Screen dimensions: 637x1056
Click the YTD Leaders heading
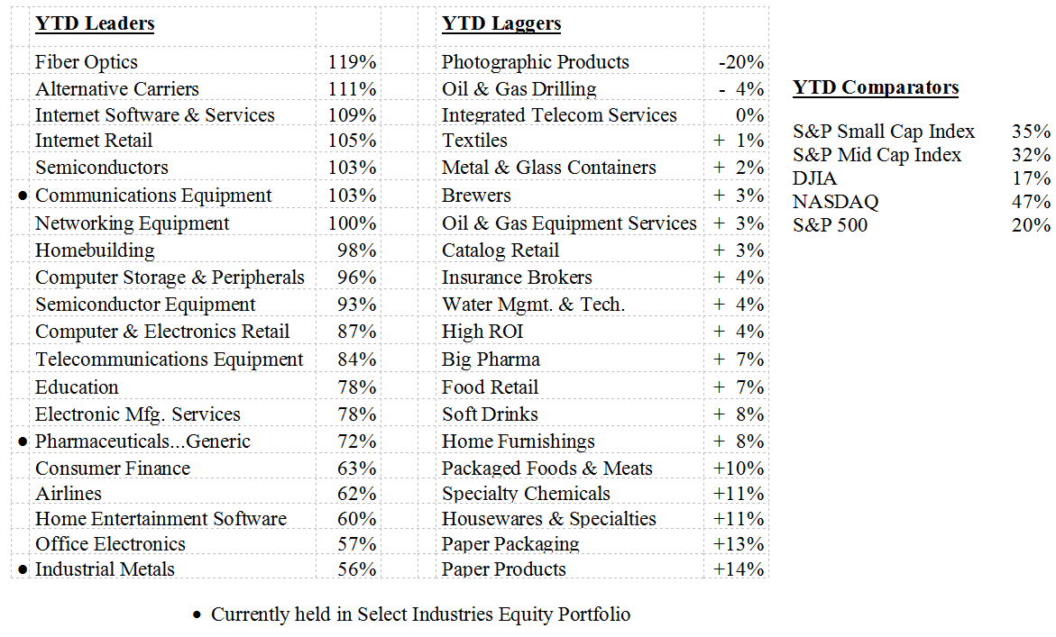(x=95, y=24)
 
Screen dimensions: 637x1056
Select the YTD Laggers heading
(x=501, y=24)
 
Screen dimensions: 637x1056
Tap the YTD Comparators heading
(x=876, y=87)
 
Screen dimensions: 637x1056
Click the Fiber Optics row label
(x=87, y=62)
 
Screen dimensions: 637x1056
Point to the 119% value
(x=353, y=62)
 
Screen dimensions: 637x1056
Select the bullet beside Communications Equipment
(x=23, y=196)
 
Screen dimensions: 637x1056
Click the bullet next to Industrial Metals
(x=23, y=569)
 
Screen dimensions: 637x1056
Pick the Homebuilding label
(x=95, y=250)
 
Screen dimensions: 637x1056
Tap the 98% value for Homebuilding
(x=357, y=250)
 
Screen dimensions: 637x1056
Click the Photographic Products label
(x=535, y=62)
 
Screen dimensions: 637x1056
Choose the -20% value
(x=741, y=62)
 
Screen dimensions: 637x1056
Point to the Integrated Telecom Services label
(x=559, y=115)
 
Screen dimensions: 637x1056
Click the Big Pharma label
(x=491, y=359)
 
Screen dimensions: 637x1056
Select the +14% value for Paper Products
(x=739, y=569)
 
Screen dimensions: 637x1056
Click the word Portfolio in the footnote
(x=594, y=614)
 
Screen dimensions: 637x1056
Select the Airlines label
(x=69, y=494)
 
